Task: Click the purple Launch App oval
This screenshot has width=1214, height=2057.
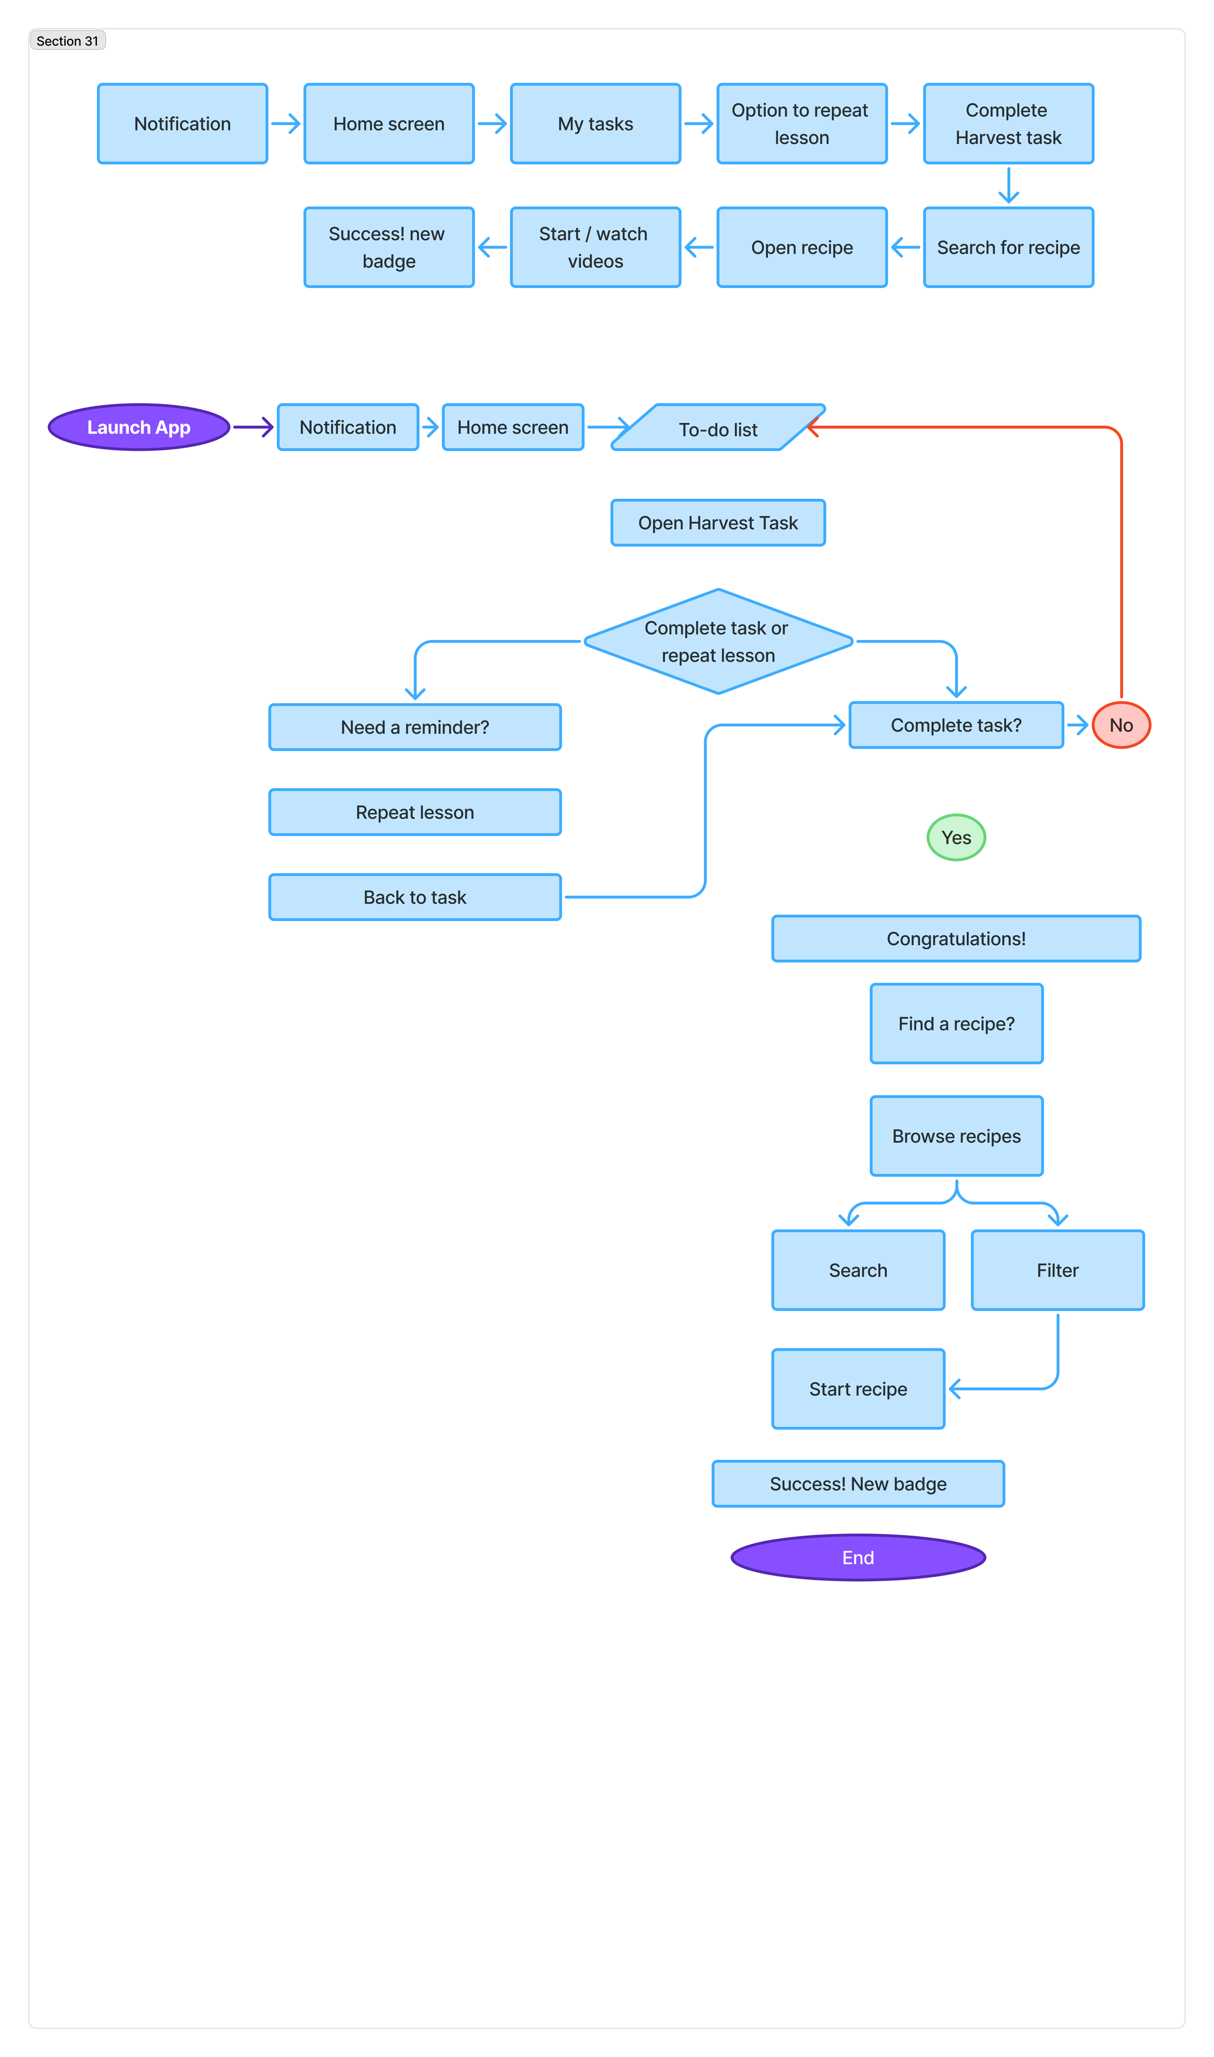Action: click(138, 427)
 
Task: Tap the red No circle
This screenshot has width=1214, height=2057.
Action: click(1121, 725)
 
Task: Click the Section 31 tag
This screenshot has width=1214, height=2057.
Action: click(67, 41)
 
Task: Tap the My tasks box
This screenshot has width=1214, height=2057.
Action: click(595, 123)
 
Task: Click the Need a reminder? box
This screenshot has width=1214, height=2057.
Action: click(415, 727)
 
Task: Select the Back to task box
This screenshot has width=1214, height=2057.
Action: click(415, 897)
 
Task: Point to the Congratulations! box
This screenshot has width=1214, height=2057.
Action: click(956, 938)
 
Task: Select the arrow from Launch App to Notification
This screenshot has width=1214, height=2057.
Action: click(253, 427)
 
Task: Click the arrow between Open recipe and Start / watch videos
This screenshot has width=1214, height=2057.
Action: click(699, 247)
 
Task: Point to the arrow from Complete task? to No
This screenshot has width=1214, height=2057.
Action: click(1078, 725)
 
